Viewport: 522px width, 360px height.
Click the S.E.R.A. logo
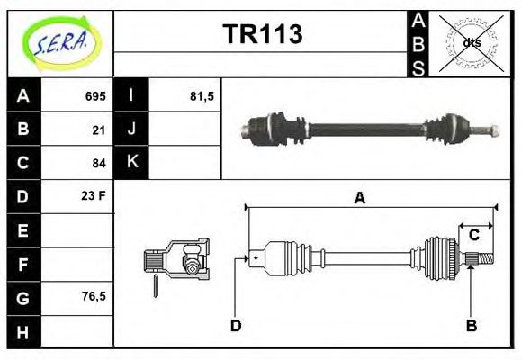(x=60, y=42)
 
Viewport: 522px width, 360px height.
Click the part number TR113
(x=262, y=35)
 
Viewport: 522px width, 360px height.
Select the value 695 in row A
(x=95, y=96)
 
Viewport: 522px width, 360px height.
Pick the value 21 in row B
(x=99, y=130)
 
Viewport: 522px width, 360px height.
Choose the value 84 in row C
(x=99, y=163)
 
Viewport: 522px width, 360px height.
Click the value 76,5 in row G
(x=94, y=295)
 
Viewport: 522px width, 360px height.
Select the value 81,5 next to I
(x=202, y=96)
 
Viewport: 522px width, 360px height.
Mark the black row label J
(x=132, y=130)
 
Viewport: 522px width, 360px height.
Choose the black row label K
(x=132, y=162)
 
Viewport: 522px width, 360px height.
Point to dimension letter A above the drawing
(x=360, y=199)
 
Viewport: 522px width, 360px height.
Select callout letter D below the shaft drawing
(x=236, y=325)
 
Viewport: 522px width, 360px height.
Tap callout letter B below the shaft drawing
(x=471, y=325)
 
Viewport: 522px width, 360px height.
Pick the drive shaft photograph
(x=369, y=128)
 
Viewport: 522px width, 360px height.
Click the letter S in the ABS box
(x=418, y=67)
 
